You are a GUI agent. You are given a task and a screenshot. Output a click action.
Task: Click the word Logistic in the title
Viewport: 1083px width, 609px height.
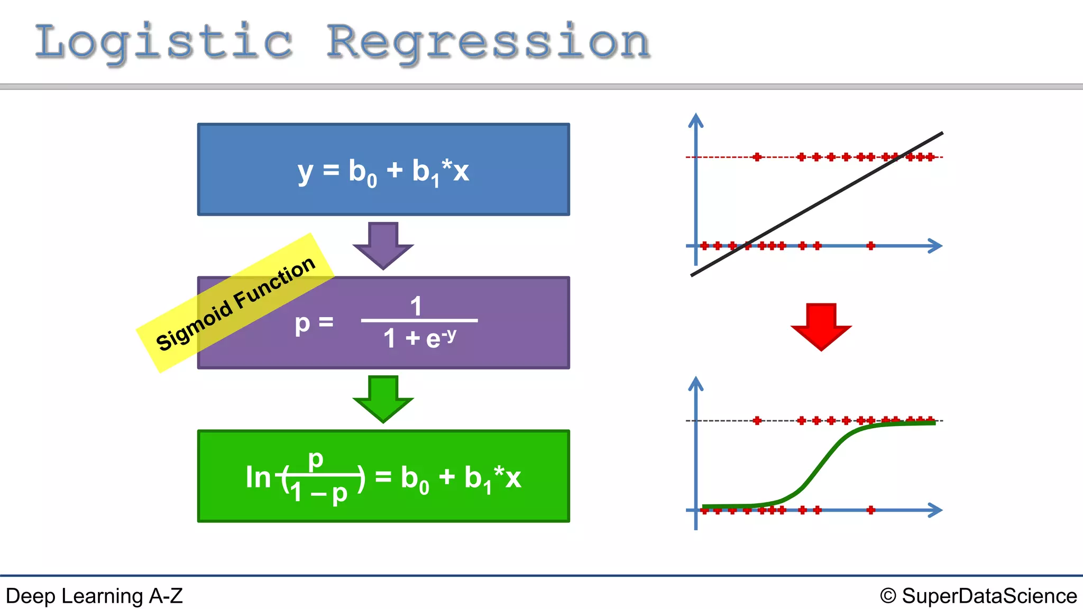pos(164,42)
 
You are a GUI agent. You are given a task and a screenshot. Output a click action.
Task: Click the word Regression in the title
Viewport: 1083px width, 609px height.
pos(488,42)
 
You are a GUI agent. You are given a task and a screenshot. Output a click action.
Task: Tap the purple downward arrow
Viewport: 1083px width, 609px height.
pos(383,244)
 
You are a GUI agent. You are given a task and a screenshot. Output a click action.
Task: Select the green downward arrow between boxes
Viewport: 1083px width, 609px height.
pos(383,398)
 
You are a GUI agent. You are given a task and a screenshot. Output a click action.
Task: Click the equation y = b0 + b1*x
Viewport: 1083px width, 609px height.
pos(383,171)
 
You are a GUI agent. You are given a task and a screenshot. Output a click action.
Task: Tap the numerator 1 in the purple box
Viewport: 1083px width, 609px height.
pos(416,306)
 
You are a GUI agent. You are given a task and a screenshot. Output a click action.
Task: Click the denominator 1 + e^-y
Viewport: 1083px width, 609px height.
pos(419,338)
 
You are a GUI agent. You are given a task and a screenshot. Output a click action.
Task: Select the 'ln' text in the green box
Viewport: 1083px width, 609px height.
pos(258,477)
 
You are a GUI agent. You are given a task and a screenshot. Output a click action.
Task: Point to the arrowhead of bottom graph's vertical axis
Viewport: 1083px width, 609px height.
pos(695,383)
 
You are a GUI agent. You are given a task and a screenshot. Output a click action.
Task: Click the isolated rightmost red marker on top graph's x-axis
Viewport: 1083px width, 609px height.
pos(871,246)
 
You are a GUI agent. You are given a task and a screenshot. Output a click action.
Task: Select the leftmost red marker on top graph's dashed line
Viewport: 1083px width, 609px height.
pos(757,157)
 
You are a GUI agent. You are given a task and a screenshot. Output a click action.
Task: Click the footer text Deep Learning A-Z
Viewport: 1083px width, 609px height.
pos(94,596)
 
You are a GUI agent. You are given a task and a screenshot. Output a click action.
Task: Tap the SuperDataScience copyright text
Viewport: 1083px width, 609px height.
pos(979,596)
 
